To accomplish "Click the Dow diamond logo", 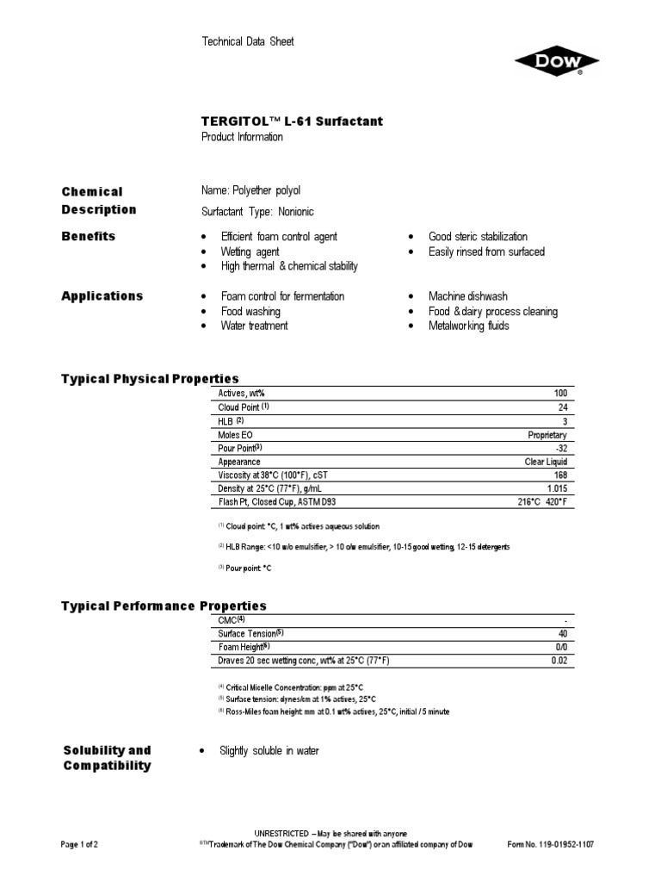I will (x=557, y=63).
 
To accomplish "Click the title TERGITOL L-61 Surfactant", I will (x=292, y=121).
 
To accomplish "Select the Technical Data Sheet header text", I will (x=247, y=41).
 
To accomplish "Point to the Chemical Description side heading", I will (x=98, y=200).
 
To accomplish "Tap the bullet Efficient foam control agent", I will (x=279, y=237).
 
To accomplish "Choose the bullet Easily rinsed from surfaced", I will (x=486, y=252).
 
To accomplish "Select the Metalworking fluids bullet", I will (x=468, y=326).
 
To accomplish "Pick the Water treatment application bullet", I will (x=254, y=326).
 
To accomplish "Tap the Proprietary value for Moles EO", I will (x=547, y=435).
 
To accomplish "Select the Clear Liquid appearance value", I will (x=546, y=462).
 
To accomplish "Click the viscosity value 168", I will (x=559, y=475).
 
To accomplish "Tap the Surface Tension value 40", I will (x=562, y=633).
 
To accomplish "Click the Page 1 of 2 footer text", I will (x=80, y=845).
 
